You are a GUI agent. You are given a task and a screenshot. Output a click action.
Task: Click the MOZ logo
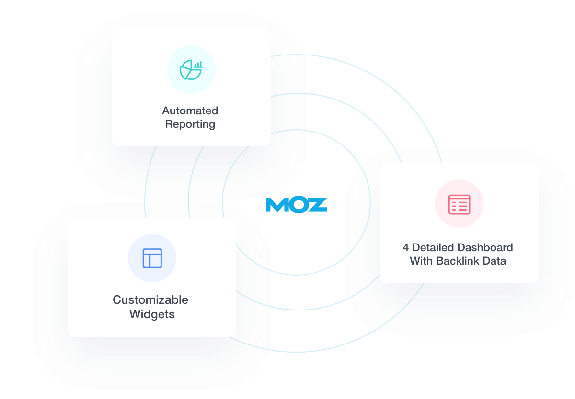click(x=296, y=204)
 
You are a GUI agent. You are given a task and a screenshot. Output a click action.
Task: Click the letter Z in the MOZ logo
click(x=318, y=205)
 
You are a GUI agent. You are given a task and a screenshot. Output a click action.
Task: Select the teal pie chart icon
click(x=191, y=70)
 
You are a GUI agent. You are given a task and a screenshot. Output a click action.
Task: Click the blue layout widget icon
click(x=152, y=258)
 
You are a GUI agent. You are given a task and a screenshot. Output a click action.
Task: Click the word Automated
click(x=190, y=111)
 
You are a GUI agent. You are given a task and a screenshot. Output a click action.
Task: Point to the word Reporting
click(x=190, y=124)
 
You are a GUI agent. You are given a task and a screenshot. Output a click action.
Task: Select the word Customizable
click(x=150, y=300)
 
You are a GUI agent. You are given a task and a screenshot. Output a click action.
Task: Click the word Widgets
click(x=152, y=314)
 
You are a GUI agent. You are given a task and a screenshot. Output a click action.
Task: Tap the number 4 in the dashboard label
click(x=406, y=248)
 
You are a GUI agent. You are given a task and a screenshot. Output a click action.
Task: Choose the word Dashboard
click(x=485, y=248)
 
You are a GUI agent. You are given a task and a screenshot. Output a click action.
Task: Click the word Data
click(x=494, y=261)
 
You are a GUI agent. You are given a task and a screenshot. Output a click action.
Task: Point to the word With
click(x=421, y=261)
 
